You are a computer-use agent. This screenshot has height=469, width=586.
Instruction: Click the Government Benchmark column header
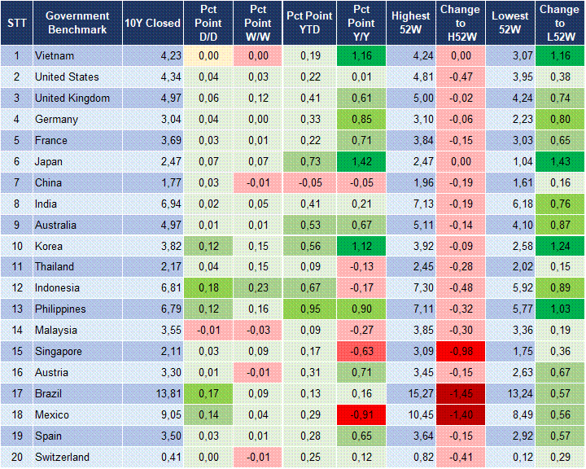(77, 22)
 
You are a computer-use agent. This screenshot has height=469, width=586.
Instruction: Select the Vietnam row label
(54, 56)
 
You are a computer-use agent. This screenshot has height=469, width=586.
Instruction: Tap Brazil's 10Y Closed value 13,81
(152, 394)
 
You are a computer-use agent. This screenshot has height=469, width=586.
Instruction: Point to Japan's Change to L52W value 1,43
(559, 162)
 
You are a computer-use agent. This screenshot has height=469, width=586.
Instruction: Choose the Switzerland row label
(62, 458)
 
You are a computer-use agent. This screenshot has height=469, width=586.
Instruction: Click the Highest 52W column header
(411, 22)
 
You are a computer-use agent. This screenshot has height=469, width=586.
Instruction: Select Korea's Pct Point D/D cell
(206, 246)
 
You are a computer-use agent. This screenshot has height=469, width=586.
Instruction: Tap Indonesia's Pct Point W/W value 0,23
(257, 288)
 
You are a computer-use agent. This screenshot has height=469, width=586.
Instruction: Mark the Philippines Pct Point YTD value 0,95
(308, 309)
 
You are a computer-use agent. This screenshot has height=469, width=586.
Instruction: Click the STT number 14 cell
(17, 331)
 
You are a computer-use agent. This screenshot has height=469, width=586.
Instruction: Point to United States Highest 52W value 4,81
(411, 77)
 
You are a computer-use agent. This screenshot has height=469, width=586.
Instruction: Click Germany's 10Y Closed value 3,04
(152, 120)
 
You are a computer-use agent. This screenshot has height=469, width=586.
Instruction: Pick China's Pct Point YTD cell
(308, 182)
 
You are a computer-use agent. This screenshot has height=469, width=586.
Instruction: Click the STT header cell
(17, 22)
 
